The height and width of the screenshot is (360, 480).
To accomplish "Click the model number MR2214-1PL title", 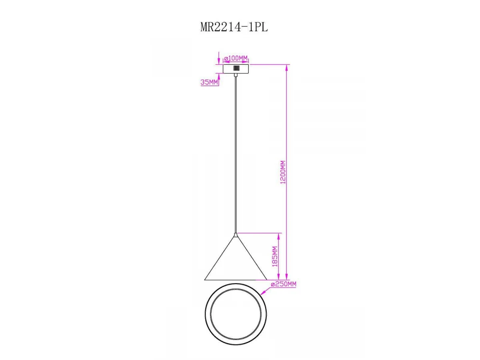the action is pyautogui.click(x=234, y=28).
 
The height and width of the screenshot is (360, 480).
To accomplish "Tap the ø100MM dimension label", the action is pyautogui.click(x=236, y=58).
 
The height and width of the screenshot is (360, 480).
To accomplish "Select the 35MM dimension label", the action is pyautogui.click(x=209, y=82).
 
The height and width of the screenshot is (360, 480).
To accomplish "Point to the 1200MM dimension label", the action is pyautogui.click(x=283, y=172).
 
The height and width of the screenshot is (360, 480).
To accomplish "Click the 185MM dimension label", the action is pyautogui.click(x=275, y=257).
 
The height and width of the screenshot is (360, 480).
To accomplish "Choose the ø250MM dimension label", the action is pyautogui.click(x=284, y=284).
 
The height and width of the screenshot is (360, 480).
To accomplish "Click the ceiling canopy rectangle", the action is pyautogui.click(x=236, y=69).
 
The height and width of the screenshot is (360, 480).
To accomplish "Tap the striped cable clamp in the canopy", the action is pyautogui.click(x=236, y=68).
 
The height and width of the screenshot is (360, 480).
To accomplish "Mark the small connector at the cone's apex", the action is pyautogui.click(x=236, y=235).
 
